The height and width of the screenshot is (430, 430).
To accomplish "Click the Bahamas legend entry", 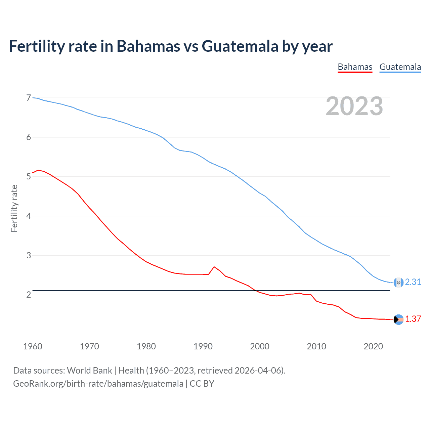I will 355,67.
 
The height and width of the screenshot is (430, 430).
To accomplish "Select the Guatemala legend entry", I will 400,67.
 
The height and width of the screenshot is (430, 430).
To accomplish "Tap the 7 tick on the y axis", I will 29,98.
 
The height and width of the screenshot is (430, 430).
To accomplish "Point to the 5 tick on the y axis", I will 29,176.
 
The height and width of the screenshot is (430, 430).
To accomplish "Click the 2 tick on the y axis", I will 29,295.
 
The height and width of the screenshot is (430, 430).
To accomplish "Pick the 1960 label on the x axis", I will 33,346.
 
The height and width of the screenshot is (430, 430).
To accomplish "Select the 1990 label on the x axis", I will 203,346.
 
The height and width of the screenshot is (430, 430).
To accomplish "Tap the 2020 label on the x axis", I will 373,346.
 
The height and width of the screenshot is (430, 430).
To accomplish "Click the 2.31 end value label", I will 413,282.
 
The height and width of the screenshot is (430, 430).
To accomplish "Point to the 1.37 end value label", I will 413,319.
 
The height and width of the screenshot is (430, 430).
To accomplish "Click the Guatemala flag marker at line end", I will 398,283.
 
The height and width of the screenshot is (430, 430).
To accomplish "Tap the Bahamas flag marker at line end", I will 398,319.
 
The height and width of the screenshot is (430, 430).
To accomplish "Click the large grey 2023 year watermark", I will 354,106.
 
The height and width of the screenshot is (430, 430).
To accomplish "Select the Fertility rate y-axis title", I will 14,208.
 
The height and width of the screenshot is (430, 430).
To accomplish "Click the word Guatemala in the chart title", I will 240,46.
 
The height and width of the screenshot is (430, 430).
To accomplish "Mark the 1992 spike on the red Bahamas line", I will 214,267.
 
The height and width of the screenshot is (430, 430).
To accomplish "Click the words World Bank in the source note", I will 89,371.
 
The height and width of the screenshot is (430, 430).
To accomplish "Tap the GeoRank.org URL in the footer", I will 98,384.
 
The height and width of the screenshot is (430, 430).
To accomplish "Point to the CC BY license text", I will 202,384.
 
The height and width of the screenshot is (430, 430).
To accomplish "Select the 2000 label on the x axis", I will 260,346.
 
